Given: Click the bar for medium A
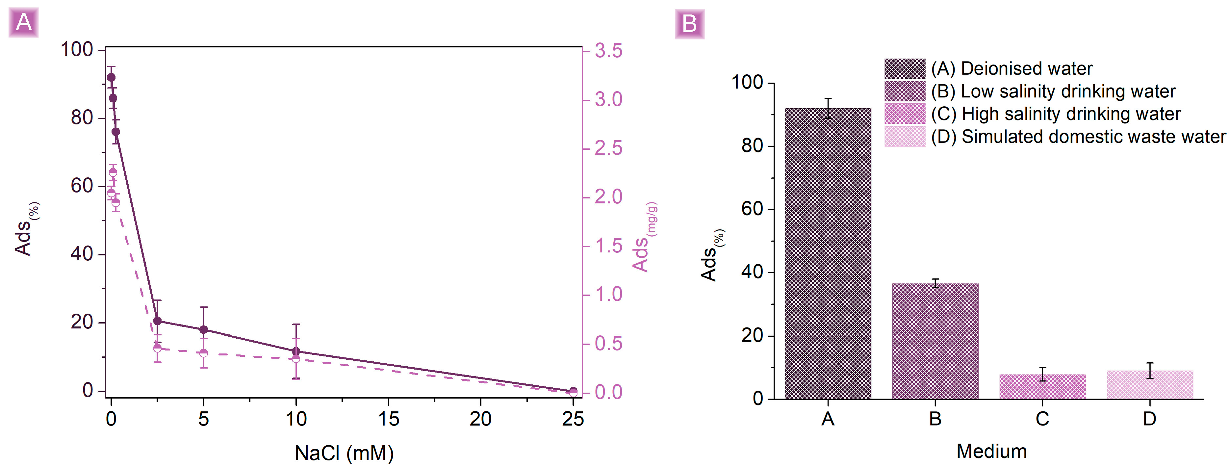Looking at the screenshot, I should click(x=828, y=253).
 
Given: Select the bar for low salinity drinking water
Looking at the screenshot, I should click(x=935, y=341).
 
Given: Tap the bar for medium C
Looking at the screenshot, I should click(x=1042, y=386).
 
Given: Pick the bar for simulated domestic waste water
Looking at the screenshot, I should click(x=1150, y=384).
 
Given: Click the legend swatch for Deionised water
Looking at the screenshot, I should click(x=905, y=69).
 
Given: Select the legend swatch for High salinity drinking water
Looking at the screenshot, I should click(x=905, y=114).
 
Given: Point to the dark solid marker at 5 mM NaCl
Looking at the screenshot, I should click(x=204, y=330).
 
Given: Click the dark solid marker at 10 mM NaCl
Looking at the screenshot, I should click(x=296, y=351).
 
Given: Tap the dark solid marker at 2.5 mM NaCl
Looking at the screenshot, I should click(x=157, y=321).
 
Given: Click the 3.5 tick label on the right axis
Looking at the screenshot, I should click(x=608, y=51).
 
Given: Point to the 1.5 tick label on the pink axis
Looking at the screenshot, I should click(x=608, y=246).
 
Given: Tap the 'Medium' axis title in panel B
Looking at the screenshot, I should click(x=991, y=451).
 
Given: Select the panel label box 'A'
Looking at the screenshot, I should click(x=23, y=22).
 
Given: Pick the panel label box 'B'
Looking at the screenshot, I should click(x=689, y=23).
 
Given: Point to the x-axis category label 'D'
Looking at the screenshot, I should click(x=1149, y=419).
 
